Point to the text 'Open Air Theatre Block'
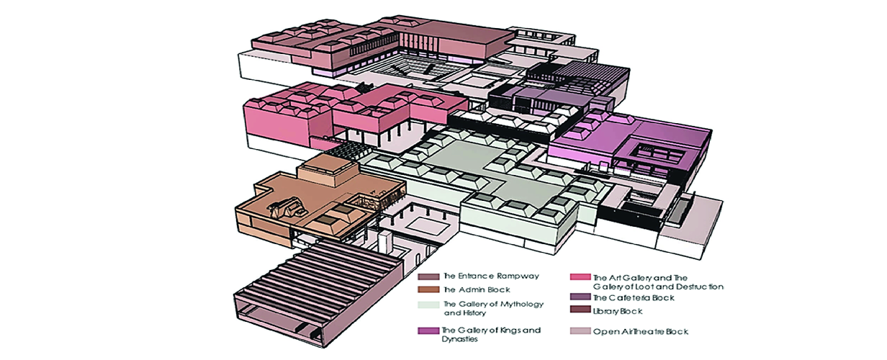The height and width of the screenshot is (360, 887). tap(641, 332)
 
